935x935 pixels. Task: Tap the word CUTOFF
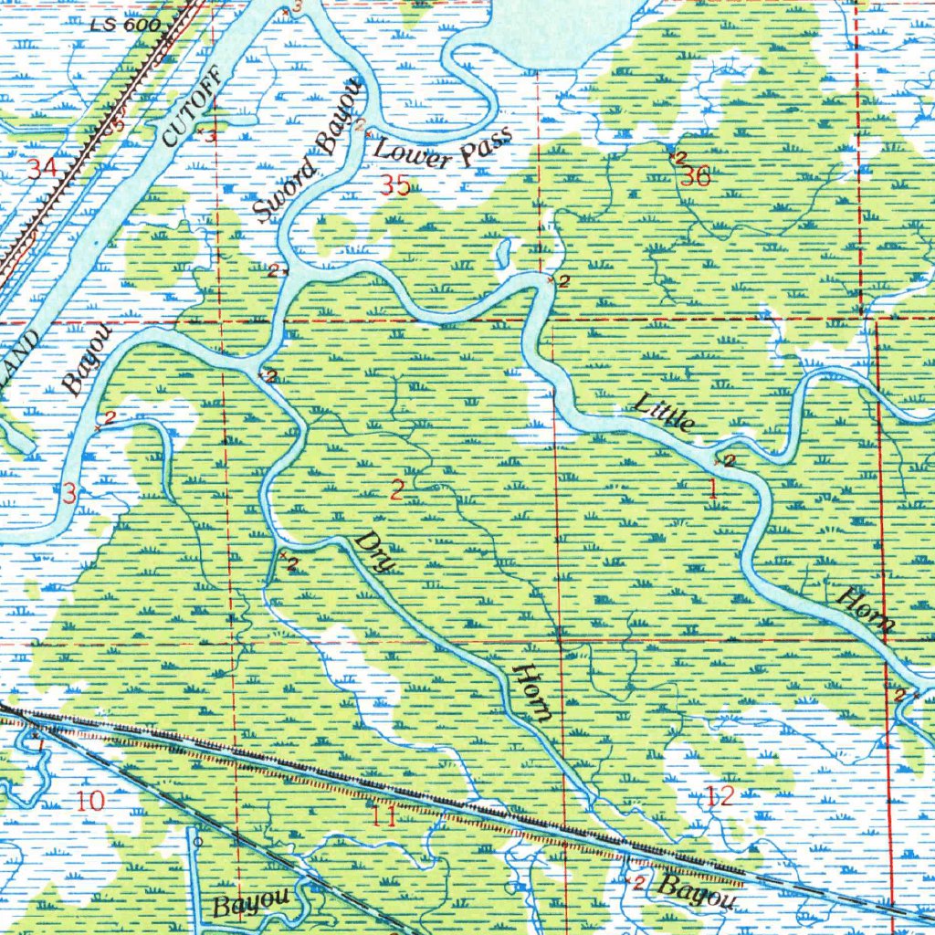point(191,108)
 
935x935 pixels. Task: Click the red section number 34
point(42,168)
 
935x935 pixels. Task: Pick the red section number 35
point(396,186)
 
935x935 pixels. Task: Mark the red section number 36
point(695,177)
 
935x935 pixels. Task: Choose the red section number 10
point(91,802)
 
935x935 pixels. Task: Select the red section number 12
point(720,796)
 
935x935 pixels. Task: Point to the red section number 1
point(712,489)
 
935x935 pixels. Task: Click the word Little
point(666,411)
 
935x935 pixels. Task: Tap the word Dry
point(375,552)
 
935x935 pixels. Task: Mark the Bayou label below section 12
point(697,894)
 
